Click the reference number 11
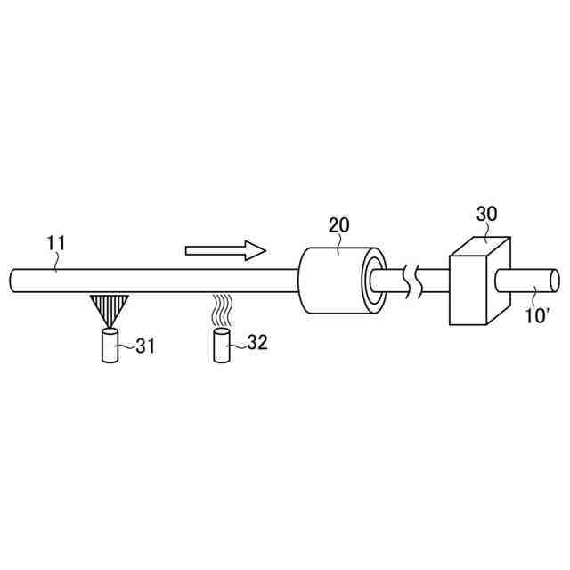click(56, 243)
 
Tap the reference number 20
click(338, 224)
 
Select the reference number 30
click(486, 214)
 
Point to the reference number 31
click(145, 346)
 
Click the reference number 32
click(257, 342)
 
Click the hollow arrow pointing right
click(225, 250)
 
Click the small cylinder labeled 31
click(110, 346)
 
